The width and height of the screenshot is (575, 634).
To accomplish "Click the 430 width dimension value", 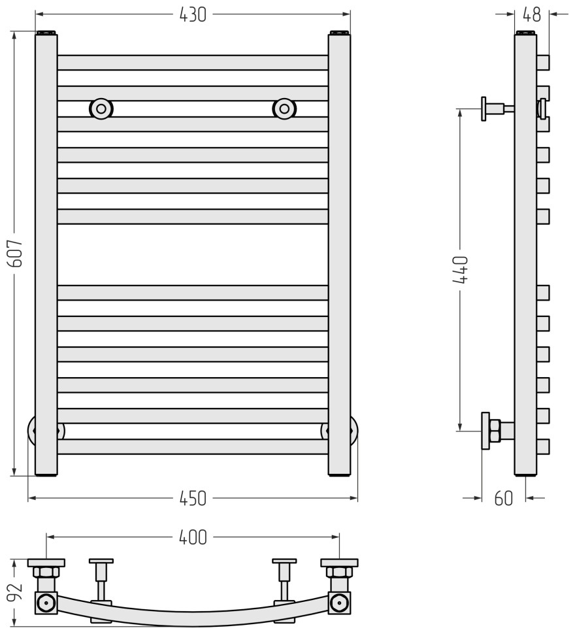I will point(193,14).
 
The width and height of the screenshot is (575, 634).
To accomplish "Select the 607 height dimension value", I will point(16,253).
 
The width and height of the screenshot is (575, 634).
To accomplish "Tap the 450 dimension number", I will point(193,499).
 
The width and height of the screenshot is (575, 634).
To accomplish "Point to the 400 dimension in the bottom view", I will point(193,537).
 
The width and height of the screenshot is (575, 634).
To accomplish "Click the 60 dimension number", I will point(503,499).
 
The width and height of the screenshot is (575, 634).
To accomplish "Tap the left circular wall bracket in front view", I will point(101,108).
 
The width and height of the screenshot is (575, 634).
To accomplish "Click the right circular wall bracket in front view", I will point(284,108).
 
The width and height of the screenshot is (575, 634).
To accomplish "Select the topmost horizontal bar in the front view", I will point(193,62).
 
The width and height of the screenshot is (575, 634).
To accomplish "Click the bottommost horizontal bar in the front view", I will point(193,447).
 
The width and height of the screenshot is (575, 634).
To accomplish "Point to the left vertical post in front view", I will point(46,255).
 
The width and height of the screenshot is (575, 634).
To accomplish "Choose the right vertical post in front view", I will point(339,255).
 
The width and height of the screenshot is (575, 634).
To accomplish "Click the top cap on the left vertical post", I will point(46,32).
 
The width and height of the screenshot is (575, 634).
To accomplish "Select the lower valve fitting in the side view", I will point(493,431).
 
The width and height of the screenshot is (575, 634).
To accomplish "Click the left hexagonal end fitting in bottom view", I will point(46,602).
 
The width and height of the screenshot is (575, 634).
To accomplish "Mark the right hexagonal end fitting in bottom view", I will point(339,602).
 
